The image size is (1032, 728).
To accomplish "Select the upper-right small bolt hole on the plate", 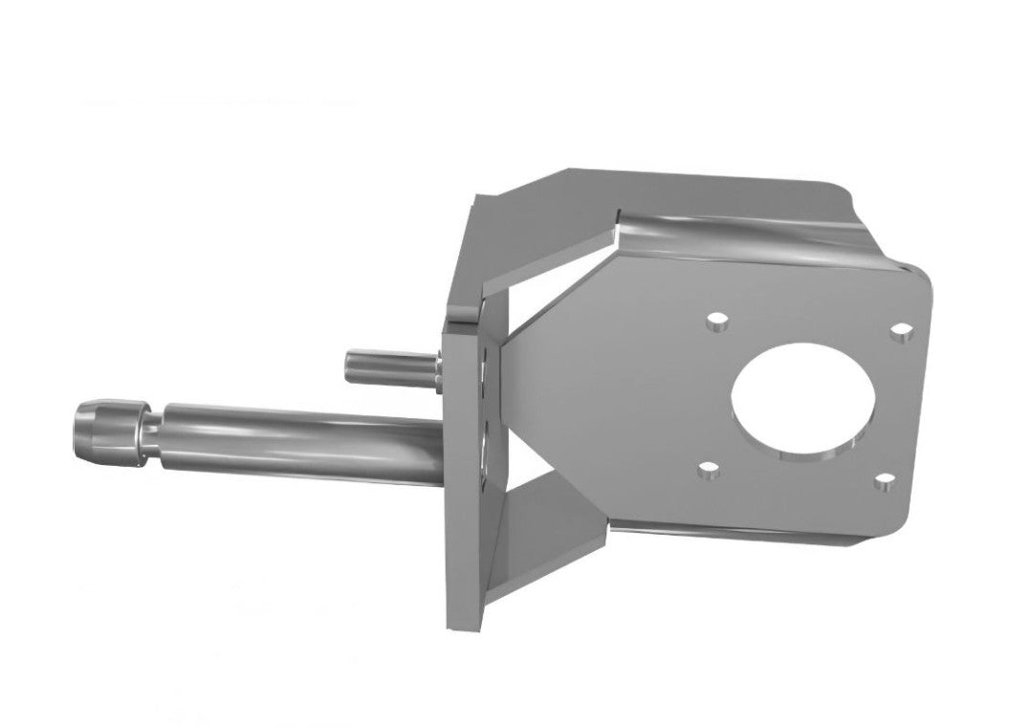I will [898, 332].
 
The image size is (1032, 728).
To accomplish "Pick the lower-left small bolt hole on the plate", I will [707, 470].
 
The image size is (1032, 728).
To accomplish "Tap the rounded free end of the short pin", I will [351, 366].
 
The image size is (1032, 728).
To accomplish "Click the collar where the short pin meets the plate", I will [435, 368].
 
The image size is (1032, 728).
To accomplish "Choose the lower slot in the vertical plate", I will [487, 445].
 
